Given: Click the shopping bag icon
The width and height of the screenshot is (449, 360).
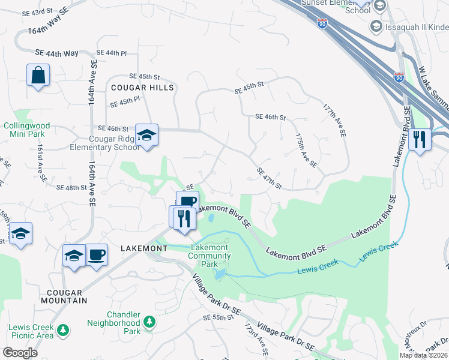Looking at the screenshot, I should [x=38, y=76].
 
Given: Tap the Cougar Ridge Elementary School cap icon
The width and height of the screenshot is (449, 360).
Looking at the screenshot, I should [x=146, y=135].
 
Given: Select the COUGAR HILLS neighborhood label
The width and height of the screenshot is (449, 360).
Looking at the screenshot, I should [x=142, y=88].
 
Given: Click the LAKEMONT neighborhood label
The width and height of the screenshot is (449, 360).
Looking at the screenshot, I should [x=143, y=248].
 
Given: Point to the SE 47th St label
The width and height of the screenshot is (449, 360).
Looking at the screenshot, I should [x=269, y=178].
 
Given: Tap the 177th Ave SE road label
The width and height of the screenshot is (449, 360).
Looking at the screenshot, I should [x=335, y=121].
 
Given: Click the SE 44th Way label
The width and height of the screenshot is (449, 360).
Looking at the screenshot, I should [x=57, y=53].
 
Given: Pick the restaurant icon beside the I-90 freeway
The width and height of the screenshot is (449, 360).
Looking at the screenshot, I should [x=420, y=140].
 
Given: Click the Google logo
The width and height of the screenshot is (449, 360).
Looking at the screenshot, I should [x=20, y=352].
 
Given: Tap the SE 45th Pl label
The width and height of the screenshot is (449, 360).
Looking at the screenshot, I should [x=125, y=101].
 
